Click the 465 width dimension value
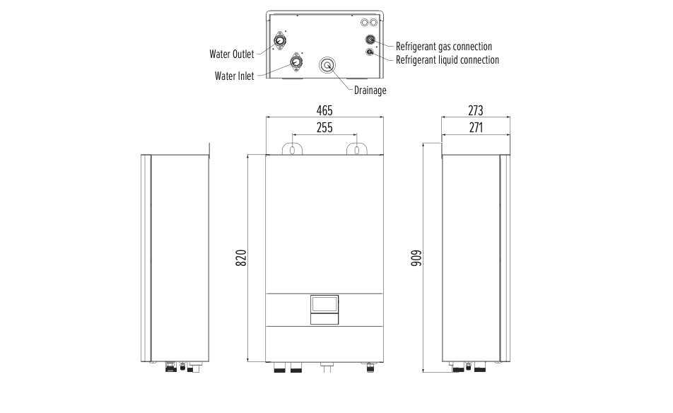tap(324, 111)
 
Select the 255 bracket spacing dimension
tap(324, 128)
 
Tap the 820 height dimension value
tap(240, 257)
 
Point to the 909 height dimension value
tap(416, 257)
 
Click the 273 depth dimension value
tap(476, 111)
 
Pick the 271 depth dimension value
tap(476, 128)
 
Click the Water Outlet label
tap(231, 54)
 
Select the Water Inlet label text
tap(234, 76)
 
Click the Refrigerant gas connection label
tap(443, 47)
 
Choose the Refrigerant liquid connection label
tap(447, 60)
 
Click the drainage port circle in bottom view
tap(328, 65)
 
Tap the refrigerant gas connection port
tap(370, 40)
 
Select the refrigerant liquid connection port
tap(370, 52)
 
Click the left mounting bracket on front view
tap(292, 149)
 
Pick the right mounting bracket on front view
tap(356, 149)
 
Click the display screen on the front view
tap(324, 303)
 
